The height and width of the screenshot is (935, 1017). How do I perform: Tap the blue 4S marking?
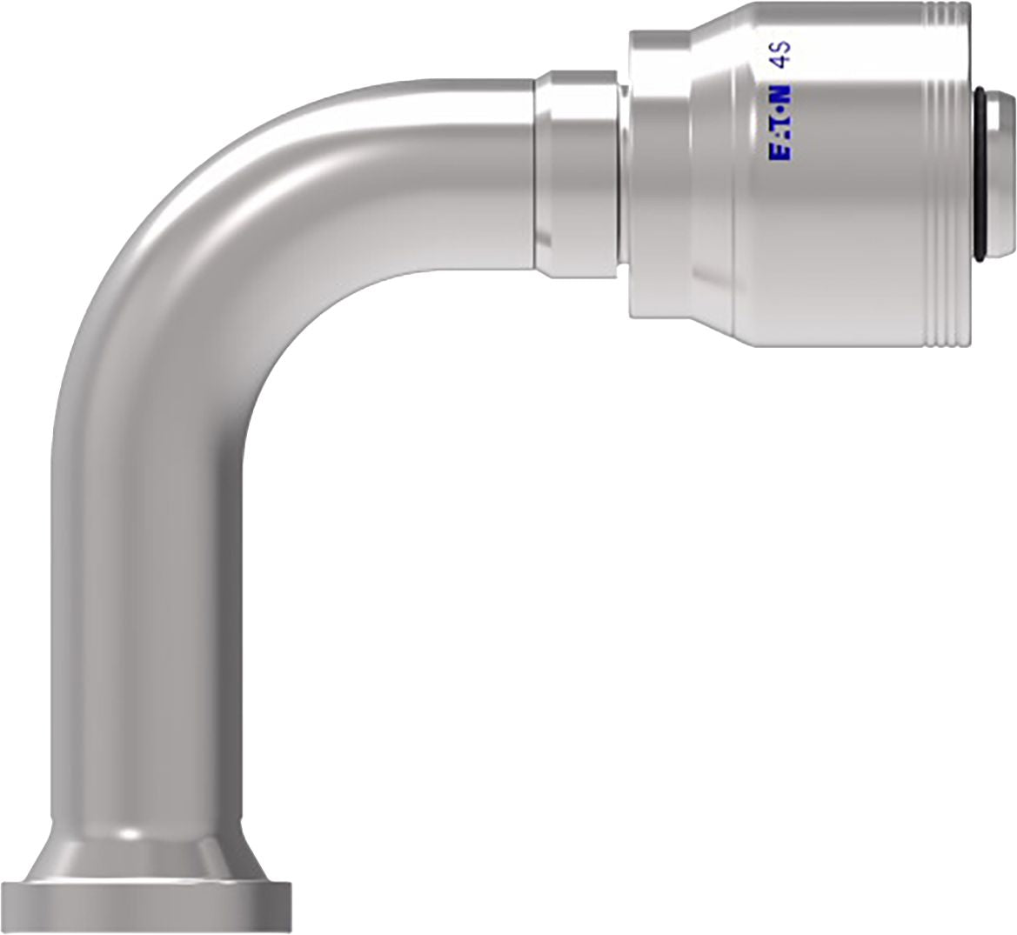pyautogui.click(x=780, y=53)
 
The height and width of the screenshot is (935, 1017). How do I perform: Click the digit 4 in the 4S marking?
pyautogui.click(x=780, y=60)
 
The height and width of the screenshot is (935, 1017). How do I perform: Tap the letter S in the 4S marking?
pyautogui.click(x=780, y=46)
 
